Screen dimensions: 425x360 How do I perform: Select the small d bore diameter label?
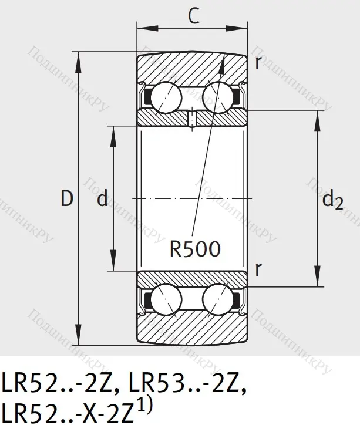pyautogui.click(x=102, y=200)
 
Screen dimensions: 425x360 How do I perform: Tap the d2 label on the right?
pyautogui.click(x=332, y=201)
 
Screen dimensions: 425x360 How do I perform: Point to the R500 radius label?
pyautogui.click(x=195, y=249)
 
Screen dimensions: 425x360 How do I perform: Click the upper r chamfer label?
pyautogui.click(x=258, y=63)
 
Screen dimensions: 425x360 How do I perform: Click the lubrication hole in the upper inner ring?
pyautogui.click(x=192, y=120)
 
